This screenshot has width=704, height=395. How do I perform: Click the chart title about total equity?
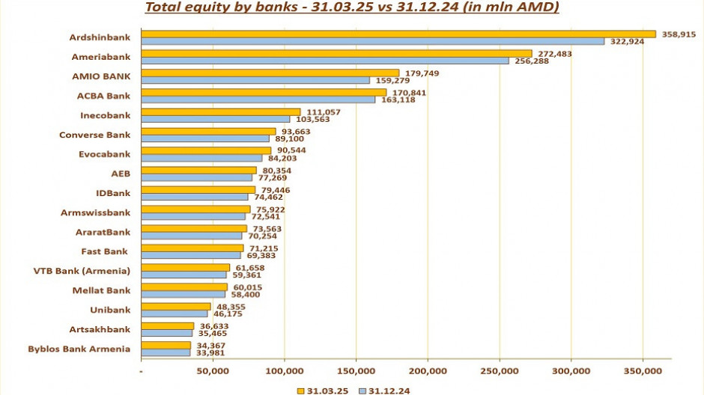351,8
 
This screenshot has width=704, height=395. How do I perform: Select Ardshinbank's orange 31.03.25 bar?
397,34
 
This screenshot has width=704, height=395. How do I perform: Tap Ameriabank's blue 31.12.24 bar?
324,61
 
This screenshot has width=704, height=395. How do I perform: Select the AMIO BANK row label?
101,76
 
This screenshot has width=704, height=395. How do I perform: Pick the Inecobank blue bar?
215,119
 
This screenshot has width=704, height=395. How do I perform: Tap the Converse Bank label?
94,135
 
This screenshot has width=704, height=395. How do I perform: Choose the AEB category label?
121,174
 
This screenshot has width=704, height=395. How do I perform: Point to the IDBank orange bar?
198,190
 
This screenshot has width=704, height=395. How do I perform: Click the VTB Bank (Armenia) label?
82,271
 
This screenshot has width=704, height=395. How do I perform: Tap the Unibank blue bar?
175,313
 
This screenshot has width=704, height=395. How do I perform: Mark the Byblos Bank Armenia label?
79,349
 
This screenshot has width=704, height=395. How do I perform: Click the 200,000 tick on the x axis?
428,370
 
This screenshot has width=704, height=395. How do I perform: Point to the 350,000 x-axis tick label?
643,370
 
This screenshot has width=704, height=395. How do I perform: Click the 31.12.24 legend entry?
384,390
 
